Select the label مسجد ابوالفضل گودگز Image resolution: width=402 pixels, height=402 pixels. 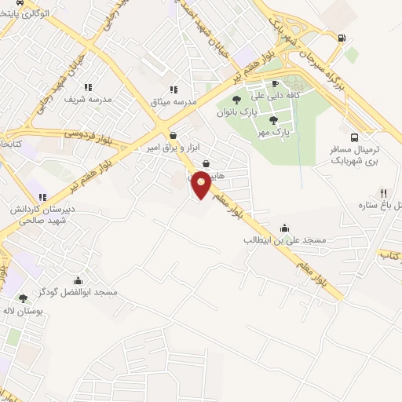[x=76, y=293]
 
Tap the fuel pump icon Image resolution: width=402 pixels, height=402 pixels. [x=340, y=38]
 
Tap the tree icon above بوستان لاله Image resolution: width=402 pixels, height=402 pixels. [x=23, y=298]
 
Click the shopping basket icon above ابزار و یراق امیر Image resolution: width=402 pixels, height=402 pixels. [x=172, y=135]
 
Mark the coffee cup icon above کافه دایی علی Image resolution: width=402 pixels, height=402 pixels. [x=275, y=84]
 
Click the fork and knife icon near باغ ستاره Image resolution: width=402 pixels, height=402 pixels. [x=383, y=192]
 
